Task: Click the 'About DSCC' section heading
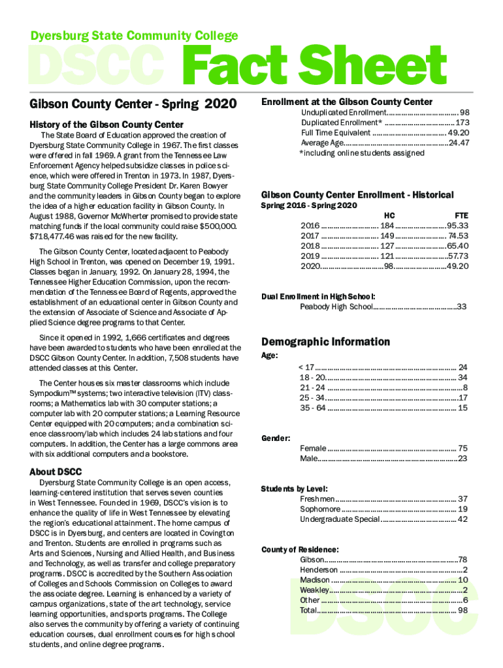coord(56,472)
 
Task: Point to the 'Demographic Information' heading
coord(325,342)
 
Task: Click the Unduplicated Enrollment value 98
coord(464,113)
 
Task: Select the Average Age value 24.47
coord(459,143)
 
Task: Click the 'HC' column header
coord(389,215)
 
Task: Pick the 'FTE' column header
coord(461,215)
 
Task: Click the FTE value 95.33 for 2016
coord(457,226)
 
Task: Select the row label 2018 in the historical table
coord(309,246)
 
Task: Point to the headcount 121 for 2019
coord(387,256)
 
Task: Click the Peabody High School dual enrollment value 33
coord(461,307)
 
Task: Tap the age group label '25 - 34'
coord(312,398)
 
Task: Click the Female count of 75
coord(462,448)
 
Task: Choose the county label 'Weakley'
coord(314,590)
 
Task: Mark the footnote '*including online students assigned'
coord(361,153)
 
